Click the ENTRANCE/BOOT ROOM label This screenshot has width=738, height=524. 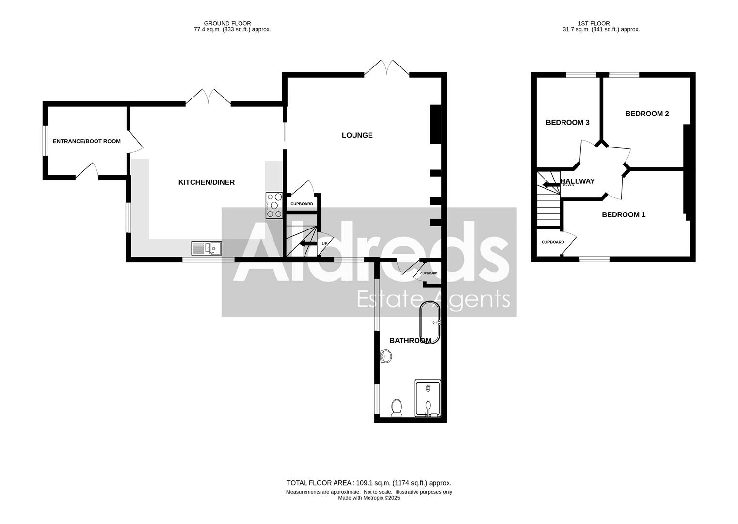86,141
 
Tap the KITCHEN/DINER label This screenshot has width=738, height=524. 207,182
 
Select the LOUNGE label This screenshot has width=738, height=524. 357,135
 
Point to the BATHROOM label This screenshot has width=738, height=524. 410,341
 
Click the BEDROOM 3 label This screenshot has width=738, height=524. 567,123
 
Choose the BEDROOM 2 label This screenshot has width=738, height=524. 647,114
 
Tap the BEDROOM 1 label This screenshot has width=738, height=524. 623,214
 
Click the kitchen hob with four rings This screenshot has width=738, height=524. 274,205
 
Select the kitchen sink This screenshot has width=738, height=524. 206,248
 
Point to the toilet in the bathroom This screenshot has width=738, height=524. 397,408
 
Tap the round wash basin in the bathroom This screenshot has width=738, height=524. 386,357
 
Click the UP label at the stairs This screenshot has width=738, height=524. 324,243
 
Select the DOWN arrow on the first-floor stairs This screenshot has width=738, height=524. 550,185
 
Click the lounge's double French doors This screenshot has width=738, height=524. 387,68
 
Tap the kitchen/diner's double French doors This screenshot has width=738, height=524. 208,97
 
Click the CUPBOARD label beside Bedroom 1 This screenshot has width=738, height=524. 553,242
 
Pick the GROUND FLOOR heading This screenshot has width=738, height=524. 221,23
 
